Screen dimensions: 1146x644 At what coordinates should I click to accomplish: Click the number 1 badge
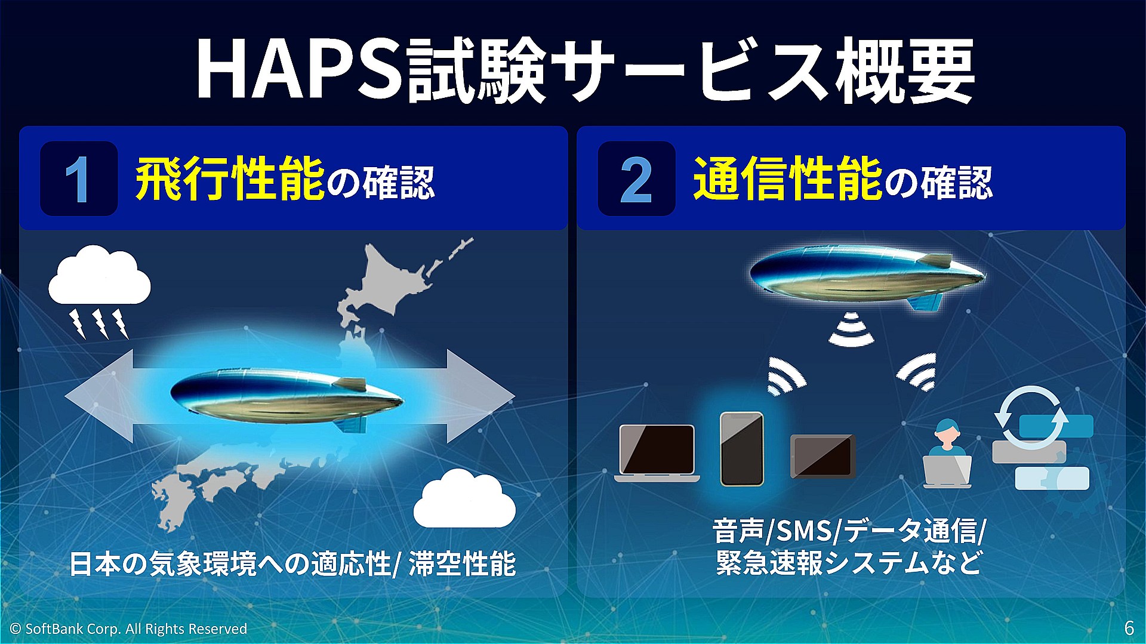(78, 178)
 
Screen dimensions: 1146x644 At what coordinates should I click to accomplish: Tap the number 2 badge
(636, 178)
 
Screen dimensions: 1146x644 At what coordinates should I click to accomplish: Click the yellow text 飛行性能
(230, 179)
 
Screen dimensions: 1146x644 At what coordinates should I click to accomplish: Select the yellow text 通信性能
(788, 179)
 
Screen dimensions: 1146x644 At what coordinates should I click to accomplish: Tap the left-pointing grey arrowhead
(98, 396)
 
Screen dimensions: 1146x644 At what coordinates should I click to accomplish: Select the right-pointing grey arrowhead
(480, 396)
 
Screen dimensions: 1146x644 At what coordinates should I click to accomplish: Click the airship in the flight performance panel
(286, 397)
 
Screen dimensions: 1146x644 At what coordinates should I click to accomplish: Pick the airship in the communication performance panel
(867, 275)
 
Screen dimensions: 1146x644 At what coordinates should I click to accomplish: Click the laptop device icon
(657, 453)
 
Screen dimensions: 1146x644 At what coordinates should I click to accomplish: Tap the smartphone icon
(742, 449)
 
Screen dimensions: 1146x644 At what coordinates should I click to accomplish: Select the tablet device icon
(823, 457)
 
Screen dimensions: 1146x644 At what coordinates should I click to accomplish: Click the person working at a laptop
(947, 454)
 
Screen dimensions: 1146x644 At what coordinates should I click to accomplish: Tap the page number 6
(1129, 628)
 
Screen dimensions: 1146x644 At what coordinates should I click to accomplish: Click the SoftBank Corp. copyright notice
(128, 628)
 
